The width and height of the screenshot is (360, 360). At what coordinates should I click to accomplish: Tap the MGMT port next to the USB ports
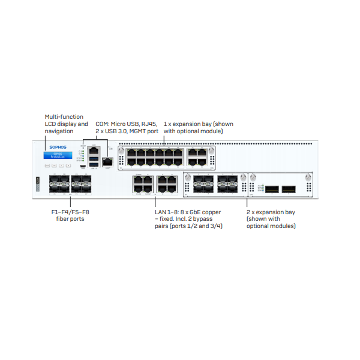(108, 161)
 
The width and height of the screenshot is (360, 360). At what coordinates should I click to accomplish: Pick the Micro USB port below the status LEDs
(83, 166)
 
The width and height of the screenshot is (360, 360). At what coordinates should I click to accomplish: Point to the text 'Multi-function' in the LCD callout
(64, 116)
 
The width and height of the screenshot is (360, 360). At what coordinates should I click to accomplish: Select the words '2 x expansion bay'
(270, 212)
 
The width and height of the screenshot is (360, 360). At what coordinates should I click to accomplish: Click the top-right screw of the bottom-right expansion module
(308, 177)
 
